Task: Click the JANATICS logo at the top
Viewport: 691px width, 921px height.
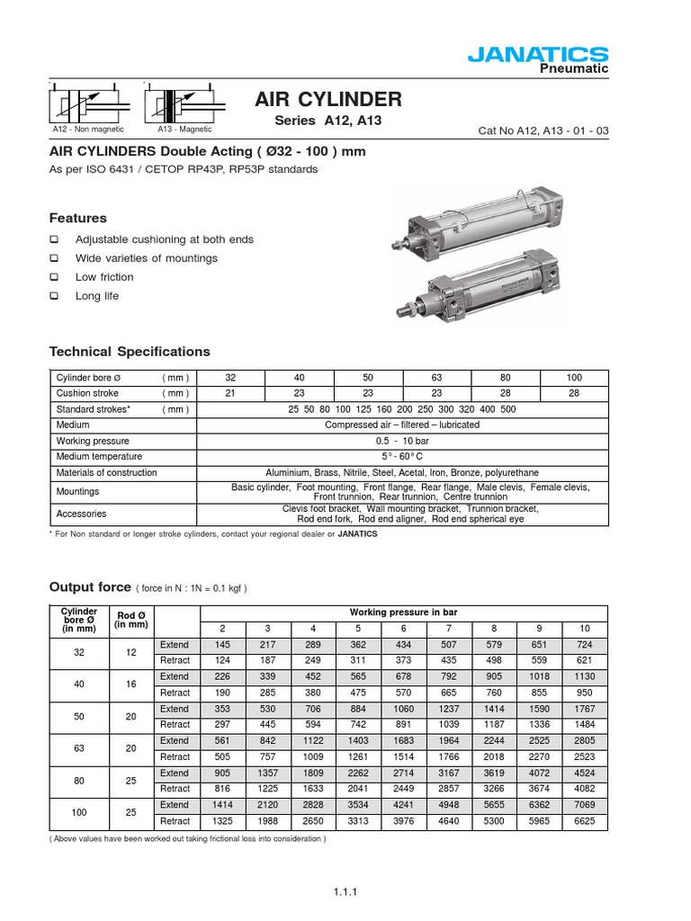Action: [x=538, y=57]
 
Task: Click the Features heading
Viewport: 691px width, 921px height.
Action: [x=77, y=218]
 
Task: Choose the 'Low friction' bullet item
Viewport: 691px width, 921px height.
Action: [x=104, y=277]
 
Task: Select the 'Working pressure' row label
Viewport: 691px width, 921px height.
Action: [x=93, y=441]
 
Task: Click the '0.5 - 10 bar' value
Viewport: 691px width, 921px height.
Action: [x=402, y=441]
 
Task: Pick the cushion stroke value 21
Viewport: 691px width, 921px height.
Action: [x=230, y=393]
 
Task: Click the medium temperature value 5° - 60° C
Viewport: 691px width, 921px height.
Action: [x=402, y=457]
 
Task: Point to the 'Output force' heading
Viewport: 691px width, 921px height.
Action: [x=89, y=587]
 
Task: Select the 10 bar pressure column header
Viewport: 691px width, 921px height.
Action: [x=585, y=628]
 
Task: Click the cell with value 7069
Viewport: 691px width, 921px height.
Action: [x=585, y=805]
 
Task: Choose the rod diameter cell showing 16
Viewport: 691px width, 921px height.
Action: [x=131, y=684]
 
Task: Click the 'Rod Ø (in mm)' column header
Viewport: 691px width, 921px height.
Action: [x=131, y=620]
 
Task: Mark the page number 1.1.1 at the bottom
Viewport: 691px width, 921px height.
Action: [x=345, y=892]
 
